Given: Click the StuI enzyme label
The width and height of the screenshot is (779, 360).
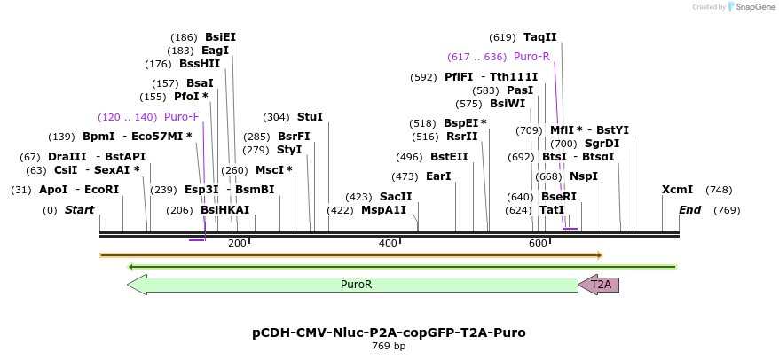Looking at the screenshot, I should pos(310,117).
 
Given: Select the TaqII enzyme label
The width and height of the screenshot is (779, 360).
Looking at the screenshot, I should pos(539,37).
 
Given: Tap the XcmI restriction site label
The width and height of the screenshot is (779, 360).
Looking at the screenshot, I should pos(677,190).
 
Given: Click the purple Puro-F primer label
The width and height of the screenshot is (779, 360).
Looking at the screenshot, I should pos(182,117).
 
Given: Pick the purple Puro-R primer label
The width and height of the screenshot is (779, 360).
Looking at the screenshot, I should pos(531,57).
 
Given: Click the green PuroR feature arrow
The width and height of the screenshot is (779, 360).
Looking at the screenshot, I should pos(355,285).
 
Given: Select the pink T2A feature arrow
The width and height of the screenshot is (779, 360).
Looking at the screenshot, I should pos(600,285).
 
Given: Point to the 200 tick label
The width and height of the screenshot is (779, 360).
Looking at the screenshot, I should pos(237,243).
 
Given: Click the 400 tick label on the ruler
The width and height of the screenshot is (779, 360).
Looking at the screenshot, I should pos(388,243).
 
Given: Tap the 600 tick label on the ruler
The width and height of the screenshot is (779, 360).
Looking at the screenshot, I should pos(538,243).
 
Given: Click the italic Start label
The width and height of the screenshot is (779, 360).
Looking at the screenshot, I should pos(79,210).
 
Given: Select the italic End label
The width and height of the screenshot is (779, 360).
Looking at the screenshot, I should pos(689,210).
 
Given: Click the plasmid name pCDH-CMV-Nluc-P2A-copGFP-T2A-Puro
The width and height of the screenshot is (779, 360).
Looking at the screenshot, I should pos(389,333).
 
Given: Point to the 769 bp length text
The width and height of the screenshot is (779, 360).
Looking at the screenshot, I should pos(389,346).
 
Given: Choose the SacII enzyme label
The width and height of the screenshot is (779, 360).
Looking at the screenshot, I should pos(396,197).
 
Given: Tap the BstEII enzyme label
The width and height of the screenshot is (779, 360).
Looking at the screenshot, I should pos(449,157).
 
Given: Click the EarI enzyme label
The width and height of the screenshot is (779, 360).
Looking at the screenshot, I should pos(438,176).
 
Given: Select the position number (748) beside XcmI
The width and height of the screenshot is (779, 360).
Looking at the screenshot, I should pos(719,190).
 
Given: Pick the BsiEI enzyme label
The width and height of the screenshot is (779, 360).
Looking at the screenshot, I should pos(220,37).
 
